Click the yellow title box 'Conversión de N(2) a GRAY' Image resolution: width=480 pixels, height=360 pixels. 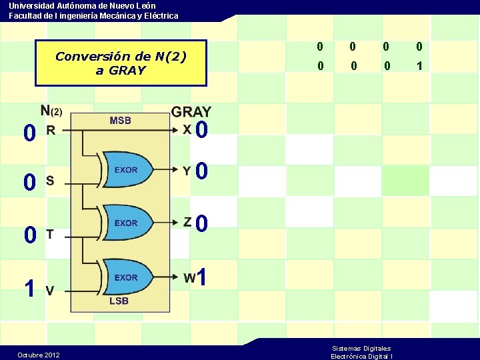[121, 63]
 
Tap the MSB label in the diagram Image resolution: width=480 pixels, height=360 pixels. [120, 121]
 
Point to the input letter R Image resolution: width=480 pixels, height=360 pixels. [50, 131]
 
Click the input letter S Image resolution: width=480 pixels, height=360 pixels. [50, 181]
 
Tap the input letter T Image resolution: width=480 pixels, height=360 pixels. [50, 233]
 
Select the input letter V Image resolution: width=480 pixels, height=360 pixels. [50, 289]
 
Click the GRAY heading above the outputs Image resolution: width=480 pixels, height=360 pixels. [191, 112]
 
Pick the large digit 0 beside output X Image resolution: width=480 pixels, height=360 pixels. [203, 129]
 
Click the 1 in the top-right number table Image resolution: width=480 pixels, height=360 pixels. [419, 66]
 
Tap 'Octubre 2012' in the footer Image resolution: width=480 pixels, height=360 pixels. [39, 355]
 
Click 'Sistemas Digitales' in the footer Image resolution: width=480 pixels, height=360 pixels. [361, 348]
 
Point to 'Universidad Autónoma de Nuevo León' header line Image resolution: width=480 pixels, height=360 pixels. [82, 5]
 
